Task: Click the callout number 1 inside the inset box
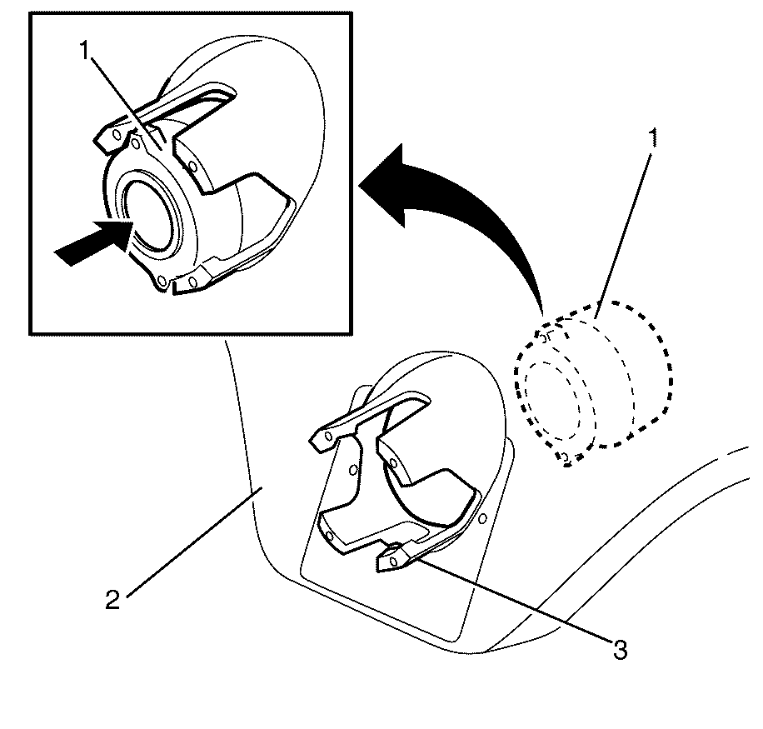coord(85,50)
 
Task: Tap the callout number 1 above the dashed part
coord(654,137)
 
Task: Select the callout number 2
coord(112,600)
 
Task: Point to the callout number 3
coord(620,650)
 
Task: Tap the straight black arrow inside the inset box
coord(92,242)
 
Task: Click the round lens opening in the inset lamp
coord(152,213)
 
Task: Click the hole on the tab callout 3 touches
coord(394,562)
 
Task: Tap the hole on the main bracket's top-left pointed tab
coord(328,436)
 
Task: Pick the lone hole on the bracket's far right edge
coord(482,519)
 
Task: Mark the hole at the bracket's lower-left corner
coord(330,537)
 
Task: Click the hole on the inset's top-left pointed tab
coord(116,134)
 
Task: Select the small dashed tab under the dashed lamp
coord(566,458)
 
